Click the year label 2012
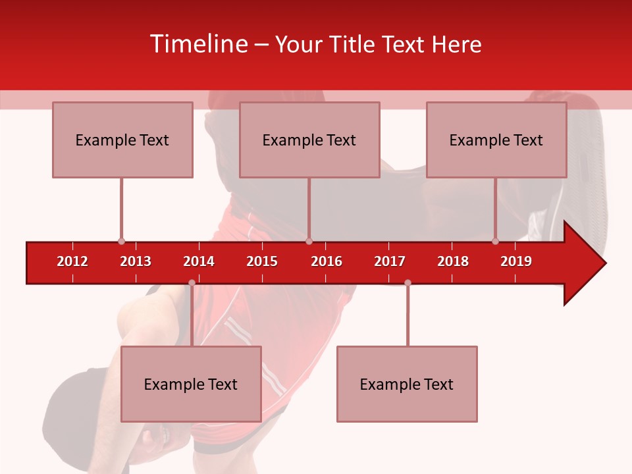click(72, 261)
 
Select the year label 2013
click(136, 261)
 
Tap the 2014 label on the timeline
click(199, 261)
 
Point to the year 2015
click(262, 261)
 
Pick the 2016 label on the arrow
click(327, 261)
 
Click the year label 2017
click(390, 261)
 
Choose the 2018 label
click(453, 261)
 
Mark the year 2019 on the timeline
click(516, 261)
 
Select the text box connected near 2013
click(122, 140)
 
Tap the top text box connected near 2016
click(309, 140)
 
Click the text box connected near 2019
click(496, 140)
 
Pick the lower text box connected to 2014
click(191, 384)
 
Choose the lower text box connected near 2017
click(407, 384)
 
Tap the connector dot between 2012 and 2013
click(121, 242)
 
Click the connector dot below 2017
click(408, 283)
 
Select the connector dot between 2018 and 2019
click(496, 242)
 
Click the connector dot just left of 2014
click(192, 283)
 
